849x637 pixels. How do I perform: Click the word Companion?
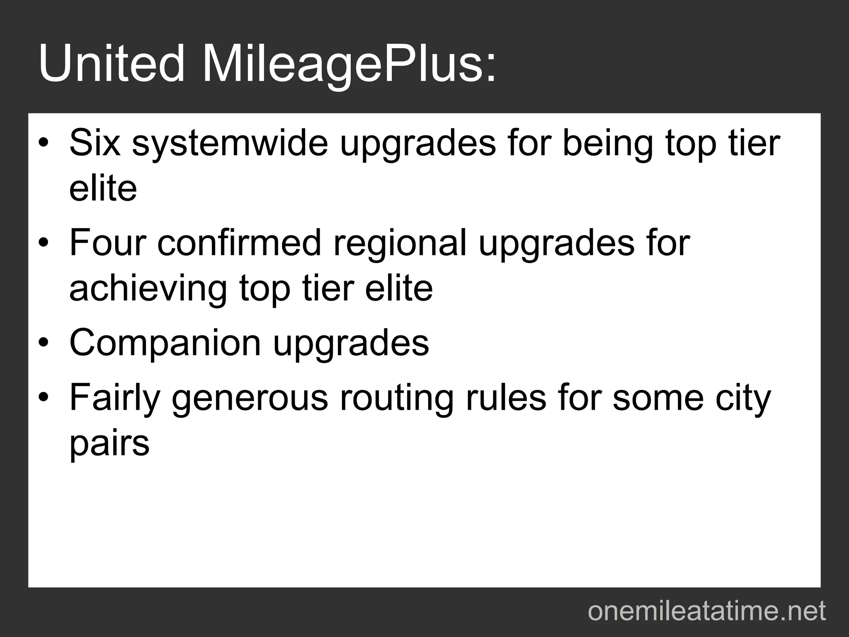165,344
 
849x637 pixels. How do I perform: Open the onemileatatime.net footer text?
707,611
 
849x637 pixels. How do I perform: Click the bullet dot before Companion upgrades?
44,343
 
